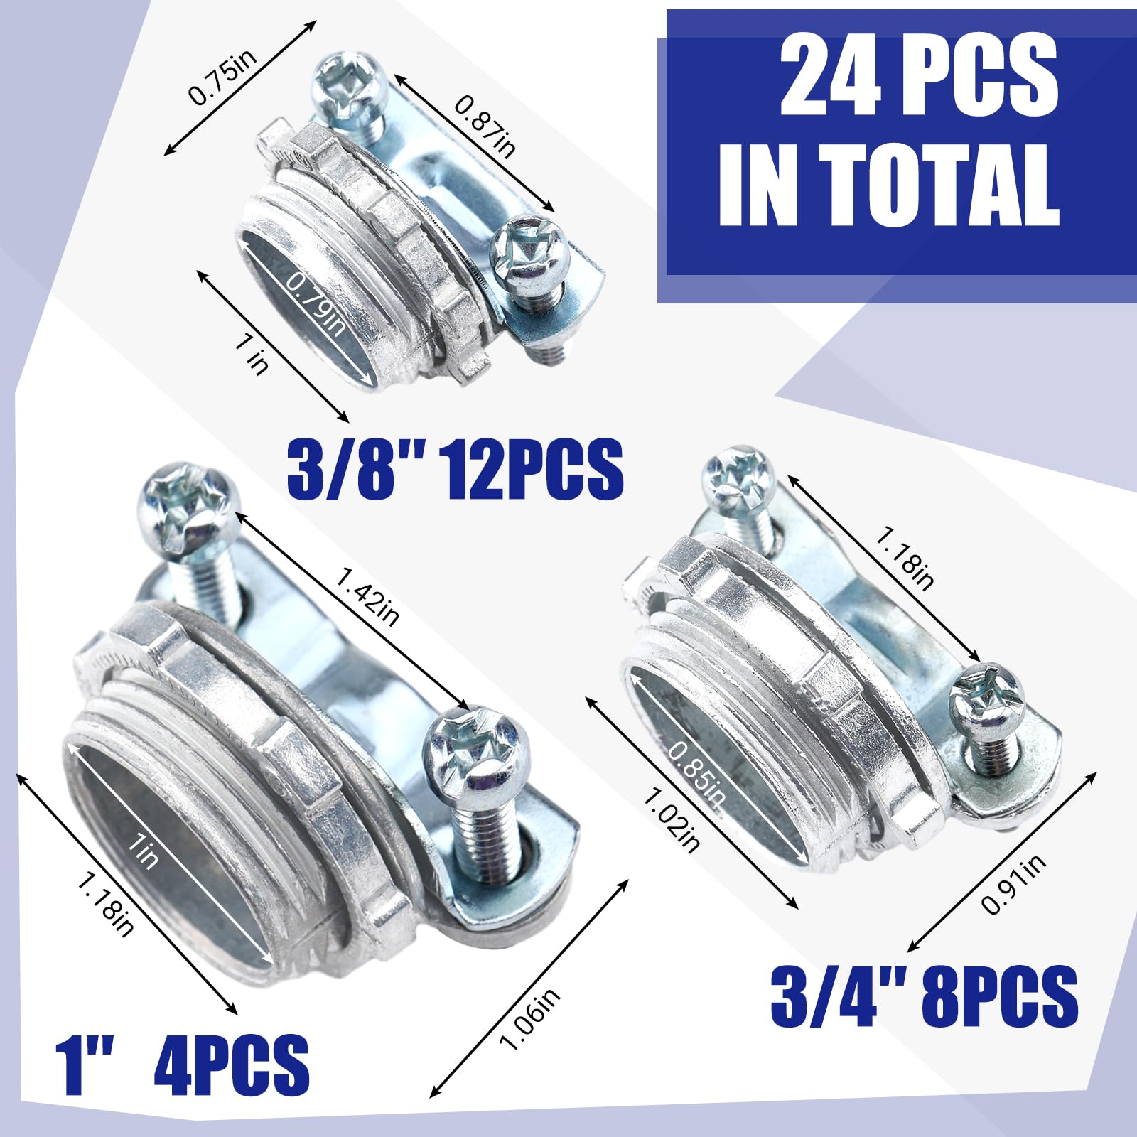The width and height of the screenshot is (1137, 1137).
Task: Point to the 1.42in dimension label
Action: click(367, 596)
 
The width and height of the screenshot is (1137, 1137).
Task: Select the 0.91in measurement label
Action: click(1013, 883)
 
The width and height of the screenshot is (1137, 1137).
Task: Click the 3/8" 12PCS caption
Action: click(455, 468)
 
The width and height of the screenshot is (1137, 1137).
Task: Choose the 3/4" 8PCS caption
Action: click(924, 994)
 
